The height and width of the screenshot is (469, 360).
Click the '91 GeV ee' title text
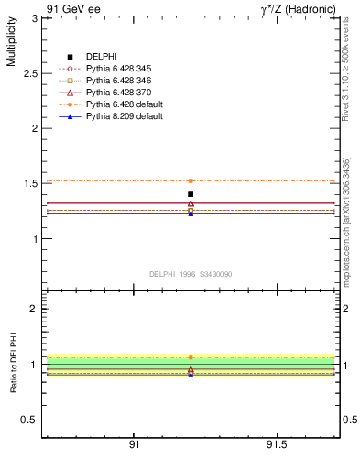point(74,8)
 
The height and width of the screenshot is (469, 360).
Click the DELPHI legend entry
point(103,58)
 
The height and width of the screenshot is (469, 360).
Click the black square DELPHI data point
point(191,194)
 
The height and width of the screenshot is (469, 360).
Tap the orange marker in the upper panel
point(191,181)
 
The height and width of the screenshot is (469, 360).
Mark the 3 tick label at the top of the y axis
point(33,18)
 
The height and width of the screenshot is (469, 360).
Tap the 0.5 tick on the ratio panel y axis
point(28,420)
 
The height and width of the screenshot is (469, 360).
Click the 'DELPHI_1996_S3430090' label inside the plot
point(189,273)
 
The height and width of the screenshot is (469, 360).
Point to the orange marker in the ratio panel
point(191,357)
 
